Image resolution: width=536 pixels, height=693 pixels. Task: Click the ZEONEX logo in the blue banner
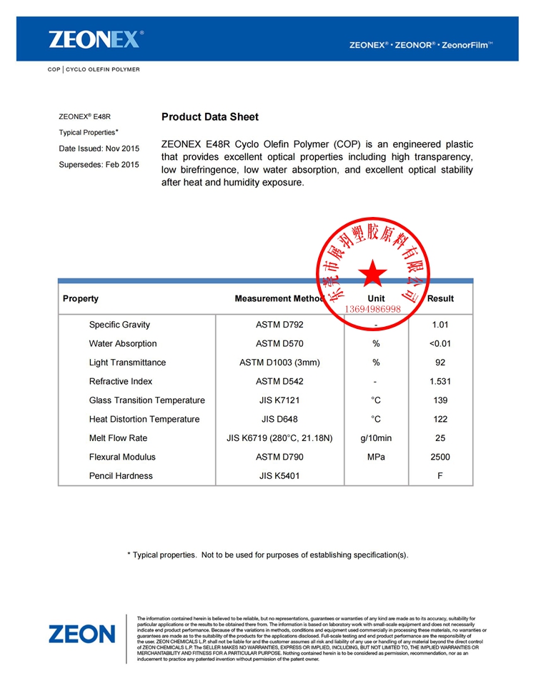click(x=96, y=39)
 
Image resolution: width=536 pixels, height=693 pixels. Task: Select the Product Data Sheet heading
click(x=210, y=117)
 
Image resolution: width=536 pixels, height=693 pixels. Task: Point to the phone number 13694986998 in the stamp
click(x=373, y=309)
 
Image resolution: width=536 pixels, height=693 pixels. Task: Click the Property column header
click(x=81, y=299)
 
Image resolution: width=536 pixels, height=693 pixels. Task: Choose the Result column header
click(x=440, y=299)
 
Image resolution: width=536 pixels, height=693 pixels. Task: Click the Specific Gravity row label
click(x=119, y=325)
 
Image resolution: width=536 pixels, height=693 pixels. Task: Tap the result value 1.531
click(x=440, y=381)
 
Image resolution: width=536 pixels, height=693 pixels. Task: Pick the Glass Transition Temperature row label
click(x=147, y=400)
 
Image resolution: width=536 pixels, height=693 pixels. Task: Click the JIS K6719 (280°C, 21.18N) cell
click(x=279, y=438)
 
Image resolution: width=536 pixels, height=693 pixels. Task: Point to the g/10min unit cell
click(x=376, y=438)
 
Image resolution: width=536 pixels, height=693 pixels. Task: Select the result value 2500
click(x=440, y=457)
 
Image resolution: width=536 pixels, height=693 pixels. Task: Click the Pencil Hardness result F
click(x=440, y=476)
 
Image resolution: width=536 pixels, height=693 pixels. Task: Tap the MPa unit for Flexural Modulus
click(x=376, y=457)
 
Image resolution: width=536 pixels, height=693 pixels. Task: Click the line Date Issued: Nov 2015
click(x=99, y=148)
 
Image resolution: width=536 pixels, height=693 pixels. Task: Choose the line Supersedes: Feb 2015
click(x=99, y=165)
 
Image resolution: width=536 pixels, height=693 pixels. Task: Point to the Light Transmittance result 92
click(x=440, y=363)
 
